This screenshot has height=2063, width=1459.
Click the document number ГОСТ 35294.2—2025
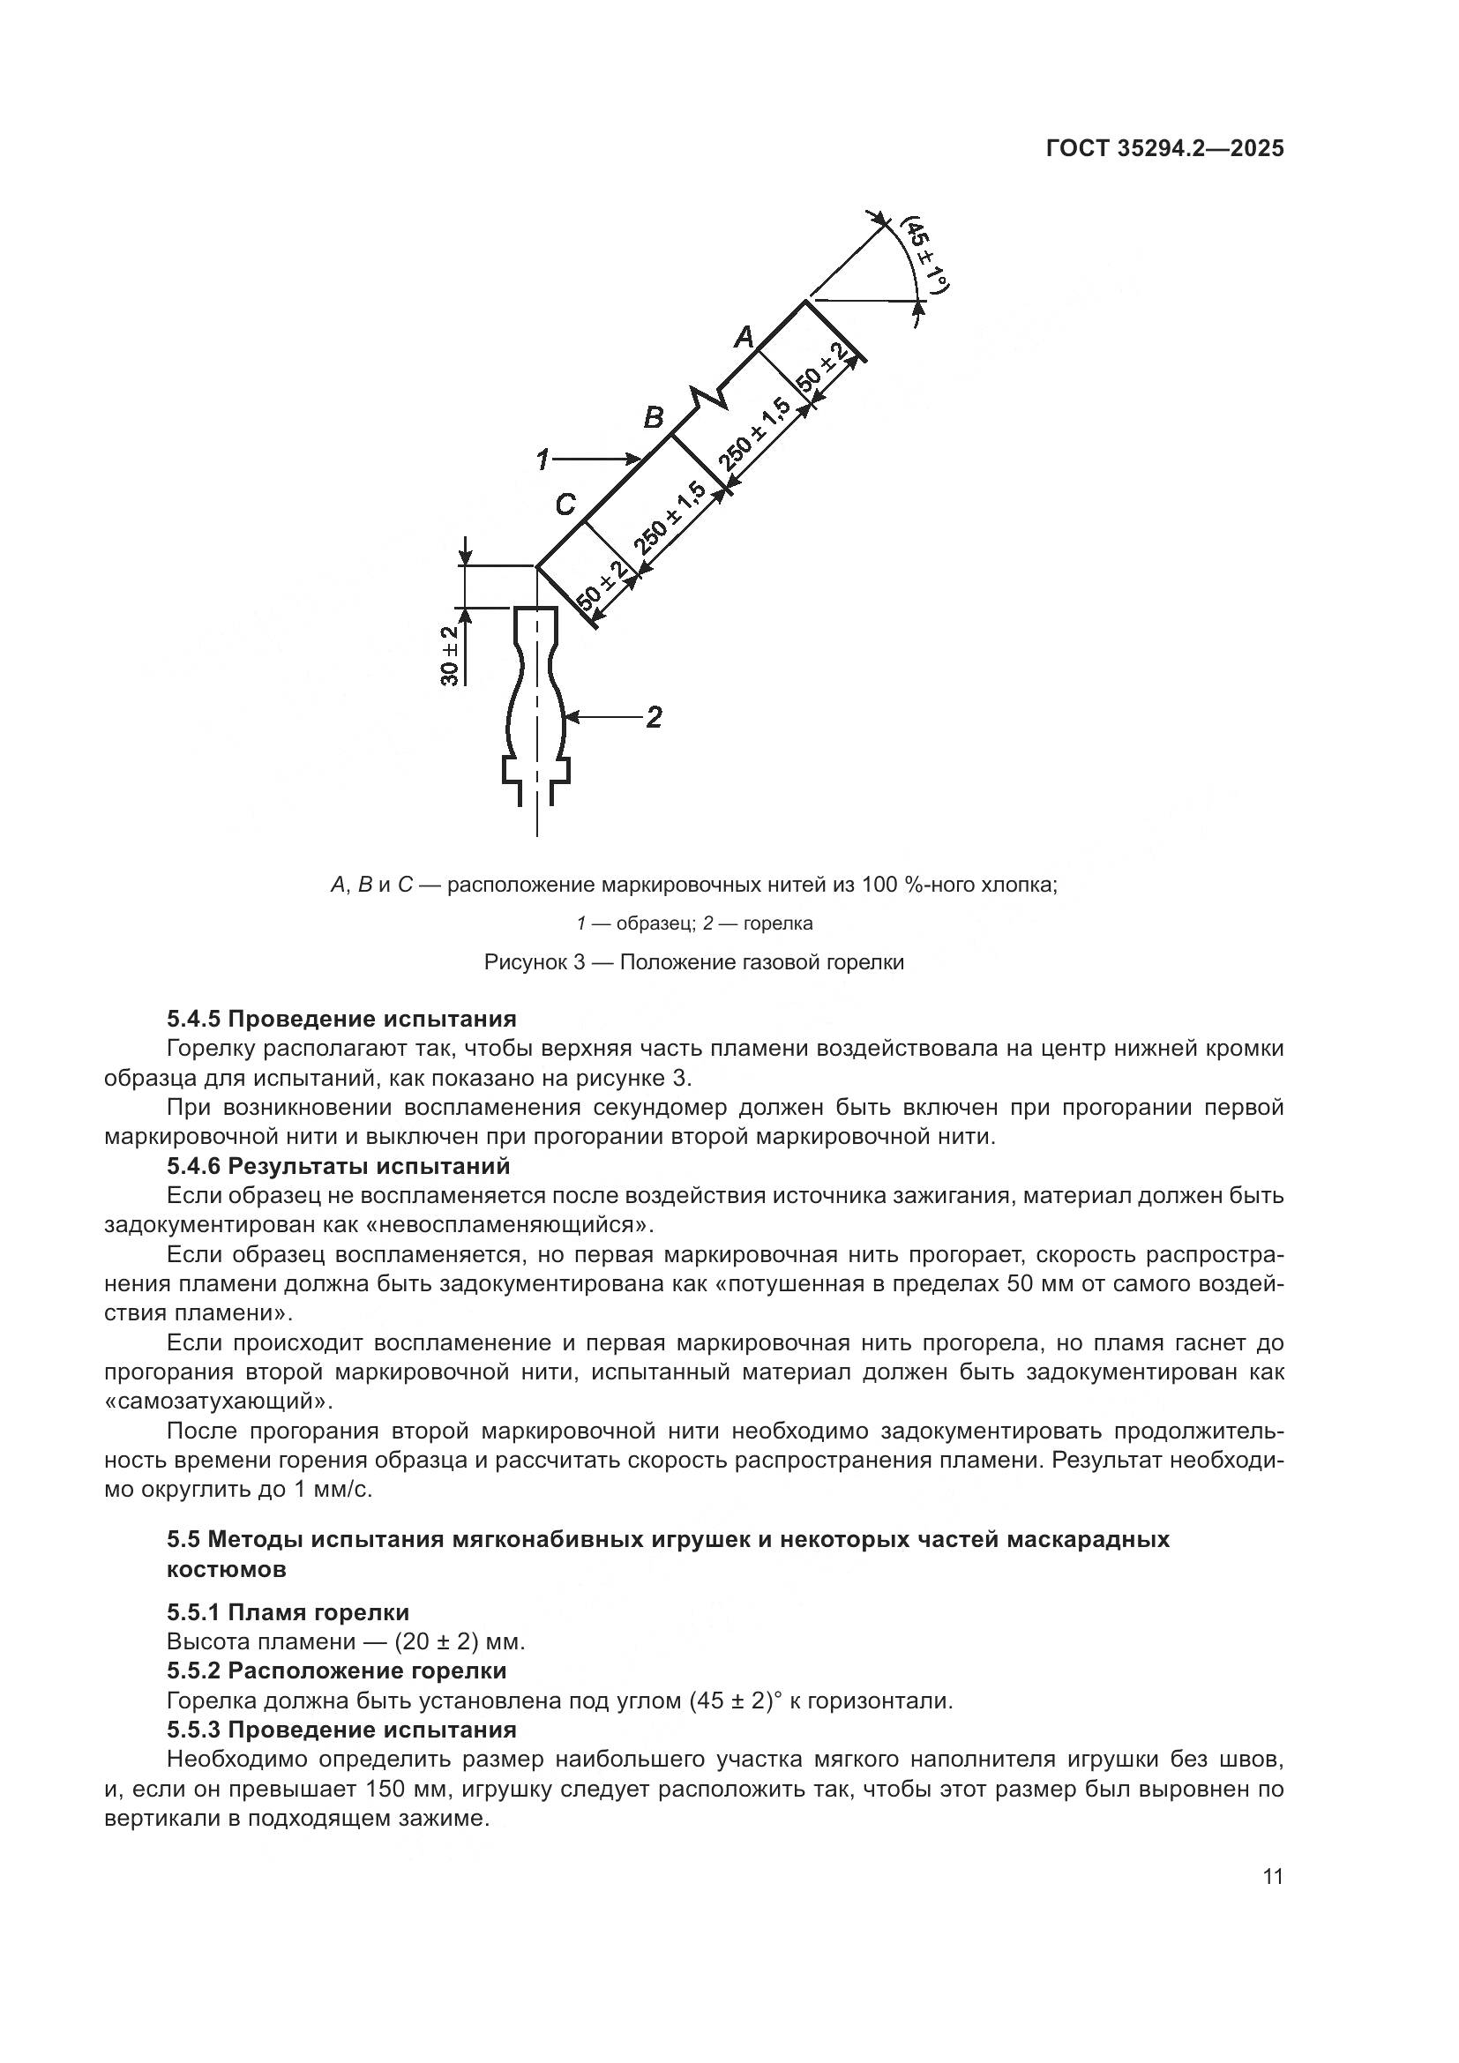pyautogui.click(x=1164, y=149)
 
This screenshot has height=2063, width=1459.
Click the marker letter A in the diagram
pyautogui.click(x=744, y=338)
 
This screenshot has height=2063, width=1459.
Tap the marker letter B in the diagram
pyautogui.click(x=654, y=418)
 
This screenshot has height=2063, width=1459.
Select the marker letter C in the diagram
pyautogui.click(x=565, y=505)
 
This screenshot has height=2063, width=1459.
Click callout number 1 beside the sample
pyautogui.click(x=542, y=460)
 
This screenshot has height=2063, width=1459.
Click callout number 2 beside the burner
pyautogui.click(x=654, y=717)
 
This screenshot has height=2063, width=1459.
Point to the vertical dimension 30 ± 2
pyautogui.click(x=450, y=656)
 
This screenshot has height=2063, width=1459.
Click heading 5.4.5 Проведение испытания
pyautogui.click(x=341, y=1019)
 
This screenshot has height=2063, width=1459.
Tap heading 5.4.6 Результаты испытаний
pyautogui.click(x=339, y=1166)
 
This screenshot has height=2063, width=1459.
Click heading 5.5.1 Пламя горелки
pyautogui.click(x=288, y=1612)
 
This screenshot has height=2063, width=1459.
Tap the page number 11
pyautogui.click(x=1272, y=1877)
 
